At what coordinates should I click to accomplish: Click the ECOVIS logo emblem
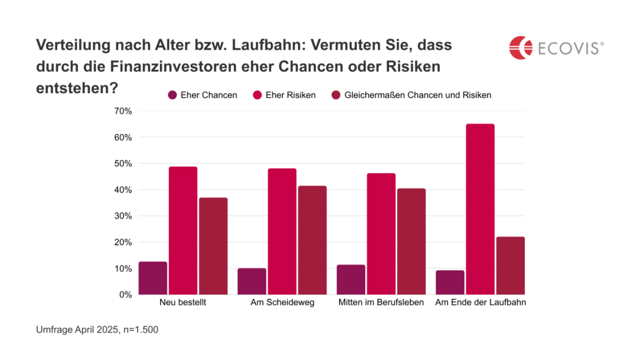[x=520, y=47]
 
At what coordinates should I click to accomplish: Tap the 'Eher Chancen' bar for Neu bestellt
[x=153, y=278]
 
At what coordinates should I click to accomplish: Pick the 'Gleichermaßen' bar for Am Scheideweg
[x=312, y=240]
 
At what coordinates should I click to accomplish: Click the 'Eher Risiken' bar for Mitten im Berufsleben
[x=381, y=234]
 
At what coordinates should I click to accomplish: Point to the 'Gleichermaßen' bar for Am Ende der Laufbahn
[x=510, y=266]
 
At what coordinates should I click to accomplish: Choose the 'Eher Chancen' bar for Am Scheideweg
[x=252, y=281]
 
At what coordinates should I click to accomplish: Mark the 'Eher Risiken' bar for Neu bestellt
[x=183, y=230]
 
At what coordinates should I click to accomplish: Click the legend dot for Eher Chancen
[x=172, y=95]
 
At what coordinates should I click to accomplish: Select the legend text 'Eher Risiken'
[x=291, y=95]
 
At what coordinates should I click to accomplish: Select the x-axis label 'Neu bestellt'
[x=183, y=302]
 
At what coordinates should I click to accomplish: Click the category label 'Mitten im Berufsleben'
[x=381, y=302]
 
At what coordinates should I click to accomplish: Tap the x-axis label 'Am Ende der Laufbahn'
[x=481, y=302]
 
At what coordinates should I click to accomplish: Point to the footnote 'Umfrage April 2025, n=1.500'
[x=97, y=330]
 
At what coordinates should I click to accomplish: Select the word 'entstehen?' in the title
[x=77, y=88]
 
